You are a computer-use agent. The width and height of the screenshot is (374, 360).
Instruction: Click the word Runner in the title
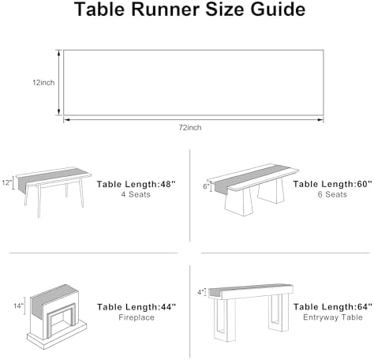(166, 9)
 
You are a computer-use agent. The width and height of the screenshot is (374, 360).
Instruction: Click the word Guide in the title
(278, 9)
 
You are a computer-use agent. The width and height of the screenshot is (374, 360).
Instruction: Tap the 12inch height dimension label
(43, 83)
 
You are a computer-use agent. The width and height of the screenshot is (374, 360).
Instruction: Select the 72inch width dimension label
(190, 128)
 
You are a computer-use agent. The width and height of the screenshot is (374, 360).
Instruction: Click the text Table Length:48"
(136, 184)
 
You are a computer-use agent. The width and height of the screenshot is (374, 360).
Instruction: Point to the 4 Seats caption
(136, 195)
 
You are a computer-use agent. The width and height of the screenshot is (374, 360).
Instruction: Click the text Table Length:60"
(333, 184)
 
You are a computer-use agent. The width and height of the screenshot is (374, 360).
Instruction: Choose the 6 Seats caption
(332, 195)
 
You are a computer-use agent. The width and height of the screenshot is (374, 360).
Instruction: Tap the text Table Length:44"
(137, 307)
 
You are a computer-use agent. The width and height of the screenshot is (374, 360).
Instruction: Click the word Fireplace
(137, 317)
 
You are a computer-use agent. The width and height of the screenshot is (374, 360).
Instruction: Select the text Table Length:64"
(333, 307)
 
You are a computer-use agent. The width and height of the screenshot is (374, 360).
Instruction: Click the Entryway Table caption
(333, 317)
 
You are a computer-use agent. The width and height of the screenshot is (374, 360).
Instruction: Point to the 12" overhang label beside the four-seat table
(6, 182)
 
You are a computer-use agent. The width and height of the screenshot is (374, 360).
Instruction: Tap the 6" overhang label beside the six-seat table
(206, 186)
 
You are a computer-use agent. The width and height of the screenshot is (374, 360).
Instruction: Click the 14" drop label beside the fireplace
(19, 306)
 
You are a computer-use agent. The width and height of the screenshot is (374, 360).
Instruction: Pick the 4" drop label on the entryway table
(201, 292)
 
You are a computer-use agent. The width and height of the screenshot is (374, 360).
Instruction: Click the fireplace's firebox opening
(61, 322)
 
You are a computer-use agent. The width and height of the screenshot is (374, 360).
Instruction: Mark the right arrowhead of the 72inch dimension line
(320, 120)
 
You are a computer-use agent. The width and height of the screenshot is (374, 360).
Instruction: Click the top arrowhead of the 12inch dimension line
(59, 53)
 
